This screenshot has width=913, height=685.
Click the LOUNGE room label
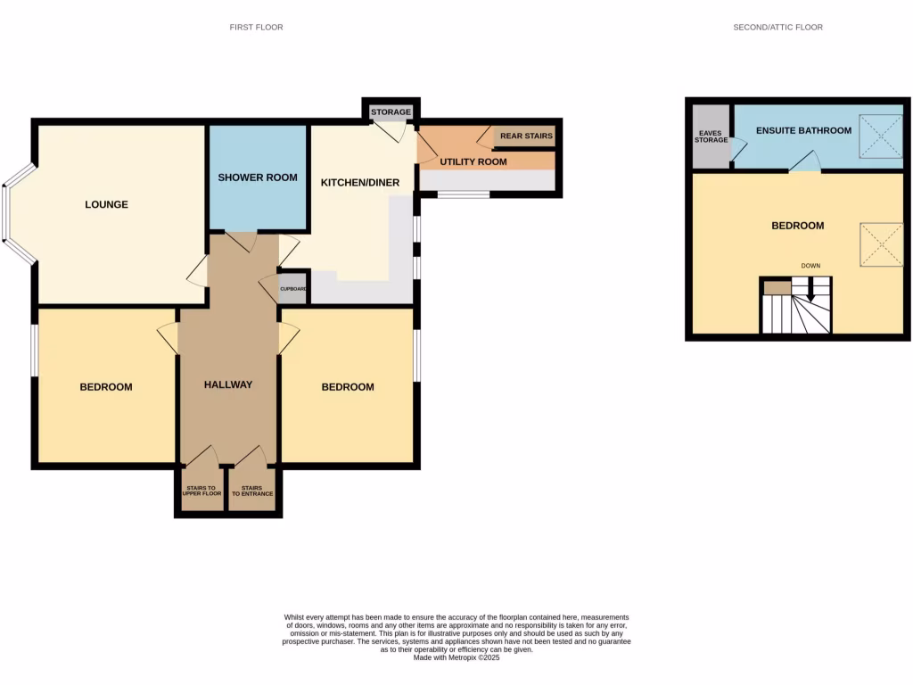pos(106,204)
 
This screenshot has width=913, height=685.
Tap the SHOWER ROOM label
pos(258,177)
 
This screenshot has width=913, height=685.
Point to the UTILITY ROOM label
pos(473,162)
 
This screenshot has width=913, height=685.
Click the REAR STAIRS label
pos(526,136)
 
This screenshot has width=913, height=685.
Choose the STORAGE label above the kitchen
pos(391,112)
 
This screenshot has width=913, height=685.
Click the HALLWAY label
pos(228,385)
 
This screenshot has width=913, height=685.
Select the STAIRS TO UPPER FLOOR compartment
pos(202,491)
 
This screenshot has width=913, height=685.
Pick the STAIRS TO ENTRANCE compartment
pos(252,491)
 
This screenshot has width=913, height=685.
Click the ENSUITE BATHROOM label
pos(803,130)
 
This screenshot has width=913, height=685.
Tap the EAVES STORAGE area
pos(711,136)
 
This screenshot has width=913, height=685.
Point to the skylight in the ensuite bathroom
pos(879,136)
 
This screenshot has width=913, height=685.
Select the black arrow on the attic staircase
pos(810,292)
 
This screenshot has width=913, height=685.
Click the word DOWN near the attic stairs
pos(810,266)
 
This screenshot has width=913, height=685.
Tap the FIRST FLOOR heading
pos(256,28)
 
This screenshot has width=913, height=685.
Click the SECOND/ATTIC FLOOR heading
pos(777,28)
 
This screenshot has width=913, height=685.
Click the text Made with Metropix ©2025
pos(456,657)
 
